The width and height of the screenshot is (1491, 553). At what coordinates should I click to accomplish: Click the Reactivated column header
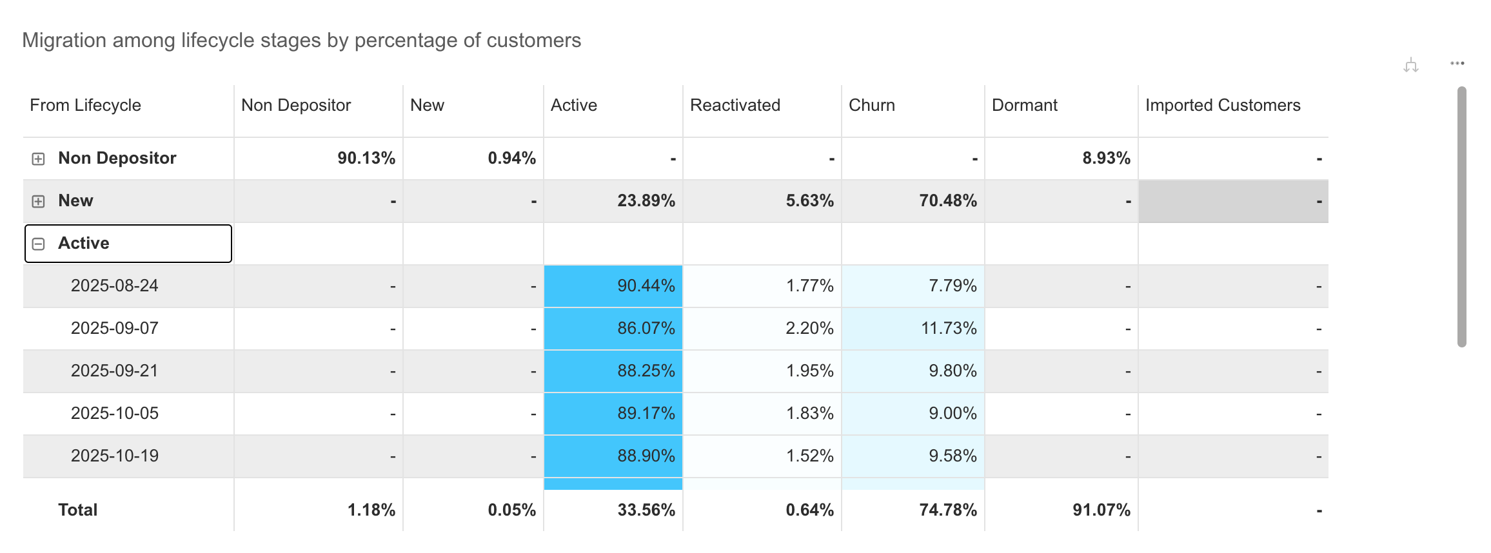pos(735,105)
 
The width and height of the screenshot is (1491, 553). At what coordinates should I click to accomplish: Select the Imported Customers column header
pos(1223,105)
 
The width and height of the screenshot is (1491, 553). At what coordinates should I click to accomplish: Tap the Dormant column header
pos(1025,105)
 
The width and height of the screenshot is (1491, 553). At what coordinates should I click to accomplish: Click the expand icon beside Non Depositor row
pos(38,159)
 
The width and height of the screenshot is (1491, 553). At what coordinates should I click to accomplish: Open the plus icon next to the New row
pos(38,201)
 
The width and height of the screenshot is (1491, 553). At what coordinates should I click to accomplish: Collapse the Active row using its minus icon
pos(38,244)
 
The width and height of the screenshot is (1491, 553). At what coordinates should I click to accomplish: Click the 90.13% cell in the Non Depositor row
pos(366,158)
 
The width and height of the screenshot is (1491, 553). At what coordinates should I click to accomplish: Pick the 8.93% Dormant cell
pos(1107,158)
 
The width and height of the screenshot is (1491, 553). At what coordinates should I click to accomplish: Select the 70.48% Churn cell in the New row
pos(948,200)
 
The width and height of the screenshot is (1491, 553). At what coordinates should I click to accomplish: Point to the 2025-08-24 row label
pos(115,286)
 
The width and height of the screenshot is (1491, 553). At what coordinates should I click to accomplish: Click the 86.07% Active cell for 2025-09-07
pos(646,328)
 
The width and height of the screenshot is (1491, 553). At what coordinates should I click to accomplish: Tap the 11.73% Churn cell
pos(949,328)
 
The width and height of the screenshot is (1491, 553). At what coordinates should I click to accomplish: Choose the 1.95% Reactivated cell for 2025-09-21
pos(810,371)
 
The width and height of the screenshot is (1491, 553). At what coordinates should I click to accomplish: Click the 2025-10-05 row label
pos(115,413)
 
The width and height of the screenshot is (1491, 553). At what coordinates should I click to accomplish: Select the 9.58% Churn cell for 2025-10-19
pos(953,456)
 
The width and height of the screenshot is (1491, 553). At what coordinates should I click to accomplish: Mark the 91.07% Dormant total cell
pos(1101,510)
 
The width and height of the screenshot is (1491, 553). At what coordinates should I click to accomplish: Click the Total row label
pos(78,510)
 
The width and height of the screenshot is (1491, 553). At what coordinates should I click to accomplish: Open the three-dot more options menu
pos(1457,63)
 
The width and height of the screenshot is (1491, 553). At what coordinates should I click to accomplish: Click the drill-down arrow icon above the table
pos(1411,64)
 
